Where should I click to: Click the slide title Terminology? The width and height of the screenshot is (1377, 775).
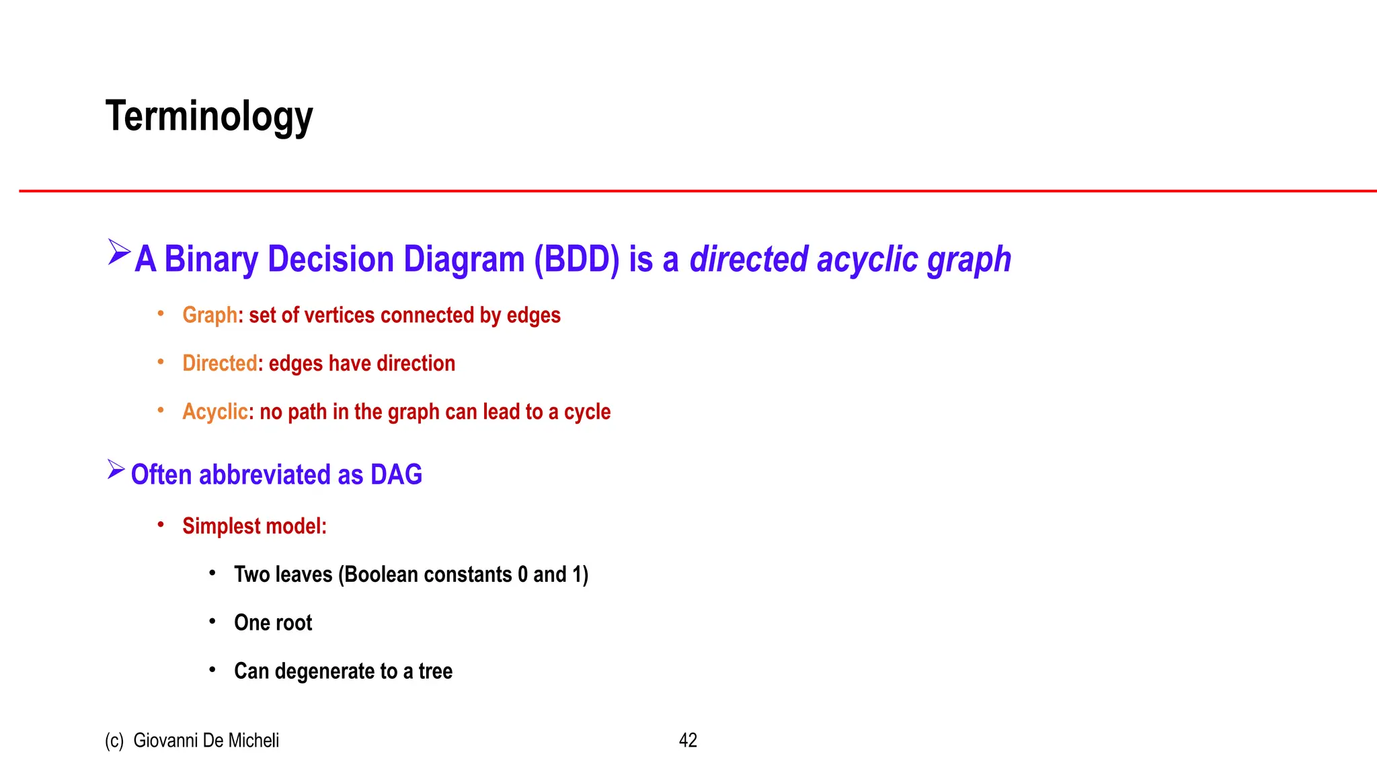point(209,116)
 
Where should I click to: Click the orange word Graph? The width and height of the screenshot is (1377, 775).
point(210,315)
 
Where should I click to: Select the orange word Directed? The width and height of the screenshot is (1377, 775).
point(220,363)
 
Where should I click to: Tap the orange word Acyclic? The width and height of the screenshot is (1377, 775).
point(215,412)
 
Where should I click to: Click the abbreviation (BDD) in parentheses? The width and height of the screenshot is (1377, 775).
point(576,260)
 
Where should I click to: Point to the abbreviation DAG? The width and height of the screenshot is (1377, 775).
point(396,475)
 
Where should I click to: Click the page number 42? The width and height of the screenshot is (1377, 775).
point(688,740)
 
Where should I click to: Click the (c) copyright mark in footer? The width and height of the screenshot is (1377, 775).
point(114,740)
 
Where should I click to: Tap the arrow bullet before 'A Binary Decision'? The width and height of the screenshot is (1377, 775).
point(119,252)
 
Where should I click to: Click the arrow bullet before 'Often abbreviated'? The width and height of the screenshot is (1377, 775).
point(116,470)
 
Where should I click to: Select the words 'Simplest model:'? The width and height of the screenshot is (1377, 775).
point(254,526)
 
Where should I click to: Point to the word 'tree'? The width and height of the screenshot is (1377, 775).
point(435,671)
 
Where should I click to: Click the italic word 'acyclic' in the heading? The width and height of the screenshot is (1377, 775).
point(867,260)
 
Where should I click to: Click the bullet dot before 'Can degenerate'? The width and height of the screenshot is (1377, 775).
point(212,670)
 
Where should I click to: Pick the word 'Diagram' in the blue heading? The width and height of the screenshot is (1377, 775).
point(463,260)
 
